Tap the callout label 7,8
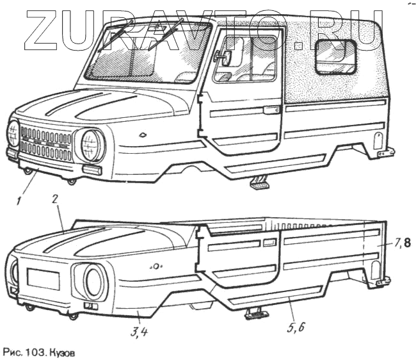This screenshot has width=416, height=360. (x=403, y=243)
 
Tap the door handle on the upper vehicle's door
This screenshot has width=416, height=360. (x=271, y=110)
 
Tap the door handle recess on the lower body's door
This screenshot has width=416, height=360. (x=270, y=243)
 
